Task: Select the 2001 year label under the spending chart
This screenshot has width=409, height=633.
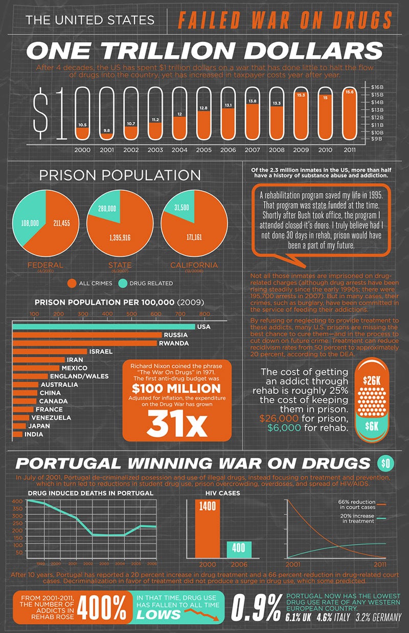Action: (107, 150)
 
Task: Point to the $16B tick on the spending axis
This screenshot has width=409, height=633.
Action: (378, 88)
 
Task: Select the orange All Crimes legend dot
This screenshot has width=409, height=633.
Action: (72, 283)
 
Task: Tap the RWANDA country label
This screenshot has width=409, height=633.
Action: (173, 343)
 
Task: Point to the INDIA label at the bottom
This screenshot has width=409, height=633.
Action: (33, 434)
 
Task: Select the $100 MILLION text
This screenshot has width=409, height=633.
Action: (176, 389)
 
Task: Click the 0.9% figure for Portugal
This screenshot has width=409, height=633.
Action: (256, 607)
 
